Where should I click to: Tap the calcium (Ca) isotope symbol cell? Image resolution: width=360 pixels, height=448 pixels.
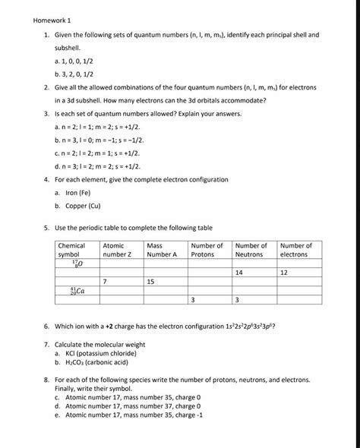pyautogui.click(x=77, y=290)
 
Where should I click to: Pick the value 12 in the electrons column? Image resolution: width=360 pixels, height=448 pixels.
pyautogui.click(x=283, y=271)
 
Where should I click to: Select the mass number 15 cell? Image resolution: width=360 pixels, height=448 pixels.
pyautogui.click(x=150, y=281)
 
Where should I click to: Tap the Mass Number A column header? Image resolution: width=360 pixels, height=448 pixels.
pyautogui.click(x=161, y=250)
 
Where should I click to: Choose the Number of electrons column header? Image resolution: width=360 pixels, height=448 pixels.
pyautogui.click(x=295, y=250)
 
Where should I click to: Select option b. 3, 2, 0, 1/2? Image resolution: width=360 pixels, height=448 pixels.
pyautogui.click(x=87, y=74)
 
